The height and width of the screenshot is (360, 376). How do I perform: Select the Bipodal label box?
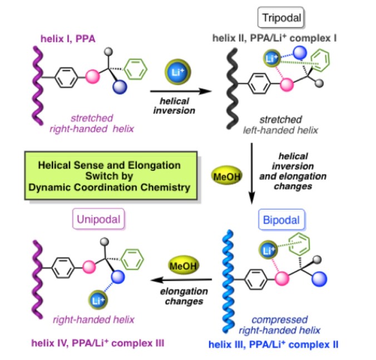coord(280,221)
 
